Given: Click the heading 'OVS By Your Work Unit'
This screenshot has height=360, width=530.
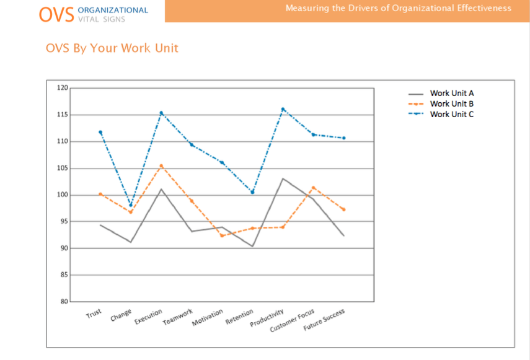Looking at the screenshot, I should click(x=112, y=48).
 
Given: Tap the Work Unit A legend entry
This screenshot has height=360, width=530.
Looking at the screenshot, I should click(x=452, y=93).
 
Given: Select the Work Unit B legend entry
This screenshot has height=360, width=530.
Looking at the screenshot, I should click(x=452, y=103).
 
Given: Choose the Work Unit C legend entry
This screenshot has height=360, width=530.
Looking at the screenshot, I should click(x=452, y=114).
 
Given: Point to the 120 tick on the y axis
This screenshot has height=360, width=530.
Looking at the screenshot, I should click(x=62, y=88).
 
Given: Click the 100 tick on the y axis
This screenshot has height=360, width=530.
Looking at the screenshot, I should click(x=62, y=195).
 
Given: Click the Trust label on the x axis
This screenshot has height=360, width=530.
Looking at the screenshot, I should click(x=94, y=314).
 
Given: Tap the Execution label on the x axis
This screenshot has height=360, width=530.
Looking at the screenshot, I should click(x=148, y=317).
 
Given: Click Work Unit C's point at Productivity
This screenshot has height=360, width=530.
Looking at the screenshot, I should click(x=283, y=109).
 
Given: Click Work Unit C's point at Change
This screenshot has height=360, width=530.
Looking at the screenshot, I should click(x=131, y=205).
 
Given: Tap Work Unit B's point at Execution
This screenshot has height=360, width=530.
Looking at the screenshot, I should click(x=161, y=166).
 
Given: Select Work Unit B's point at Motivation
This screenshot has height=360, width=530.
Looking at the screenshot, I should click(x=222, y=235).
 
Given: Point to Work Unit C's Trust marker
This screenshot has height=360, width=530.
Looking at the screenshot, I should click(x=100, y=132).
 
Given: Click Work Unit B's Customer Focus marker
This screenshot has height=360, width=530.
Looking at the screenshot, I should click(x=314, y=187).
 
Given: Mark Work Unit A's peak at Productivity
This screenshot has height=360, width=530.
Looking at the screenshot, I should click(x=283, y=178).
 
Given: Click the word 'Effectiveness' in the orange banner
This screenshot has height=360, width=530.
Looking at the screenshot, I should click(x=481, y=8).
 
